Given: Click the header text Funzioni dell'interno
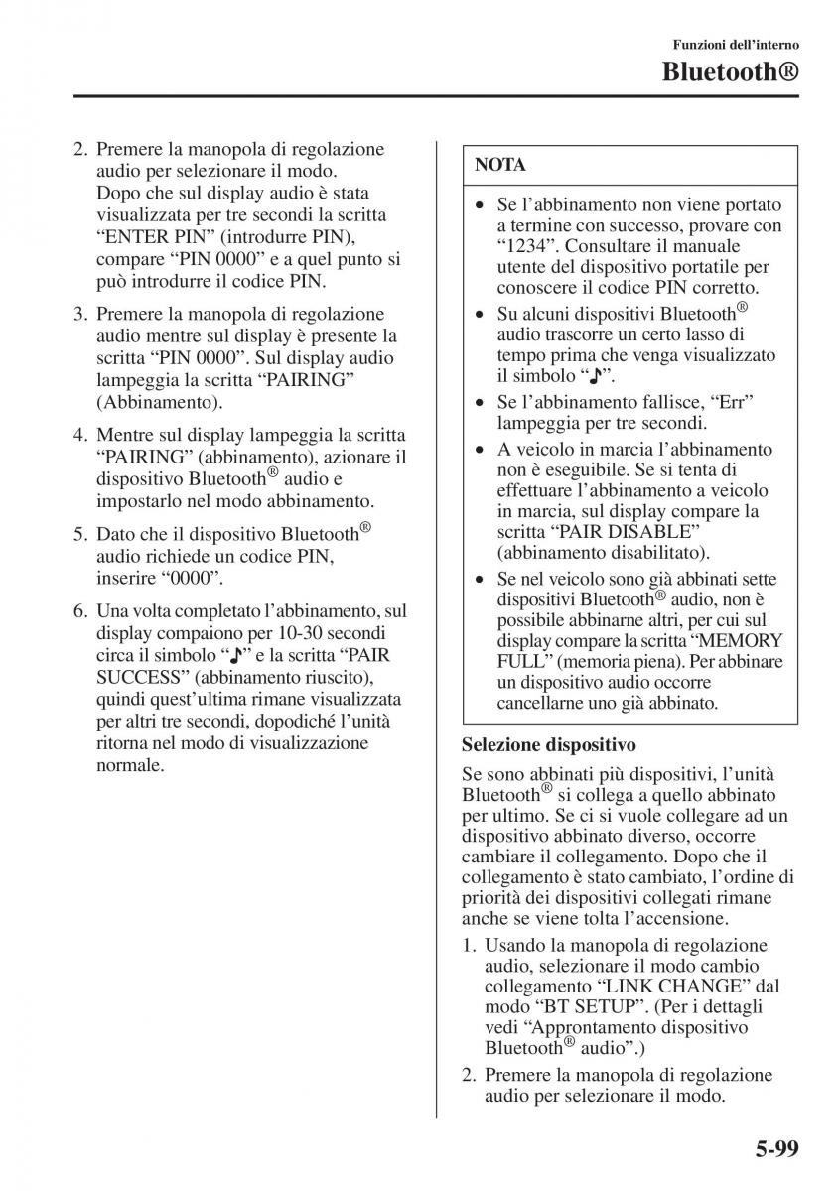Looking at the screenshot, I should (736, 45).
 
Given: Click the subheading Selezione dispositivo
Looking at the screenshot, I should (548, 743).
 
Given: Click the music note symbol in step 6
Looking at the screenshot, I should (235, 655).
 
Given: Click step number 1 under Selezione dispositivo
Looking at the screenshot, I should (470, 945).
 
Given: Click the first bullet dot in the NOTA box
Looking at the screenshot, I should (480, 205).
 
